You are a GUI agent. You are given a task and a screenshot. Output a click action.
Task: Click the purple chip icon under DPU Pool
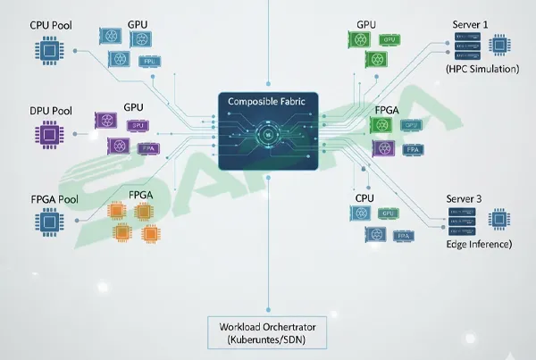click(x=50, y=136)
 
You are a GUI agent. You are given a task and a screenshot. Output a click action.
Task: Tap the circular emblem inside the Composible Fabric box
click(x=268, y=136)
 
